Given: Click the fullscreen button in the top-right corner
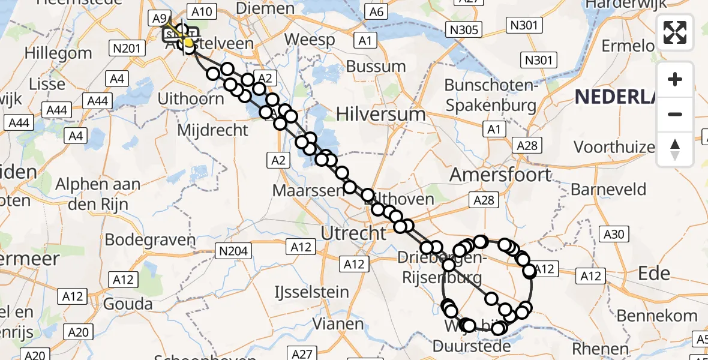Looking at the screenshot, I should point(675,32).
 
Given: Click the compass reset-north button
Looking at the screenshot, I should point(675,149).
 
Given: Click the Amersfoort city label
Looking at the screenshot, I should point(500,175).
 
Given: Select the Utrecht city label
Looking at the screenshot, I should point(354,232).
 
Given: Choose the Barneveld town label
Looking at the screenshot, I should point(608,190).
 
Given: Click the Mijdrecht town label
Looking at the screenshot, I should point(213,129).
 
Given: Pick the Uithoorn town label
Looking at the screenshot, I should point(190,98).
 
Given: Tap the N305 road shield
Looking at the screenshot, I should point(464,29).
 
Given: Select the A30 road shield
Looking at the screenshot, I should point(613,234).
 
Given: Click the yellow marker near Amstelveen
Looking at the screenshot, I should point(188,43).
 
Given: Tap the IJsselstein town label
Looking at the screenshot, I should point(311,293).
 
